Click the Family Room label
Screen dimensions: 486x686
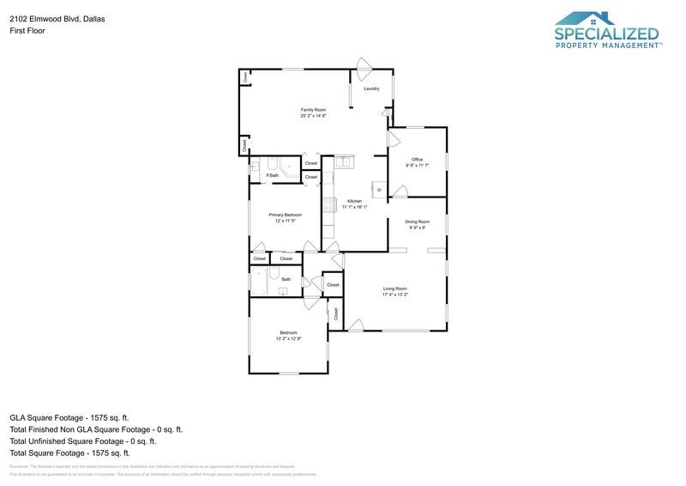pyautogui.click(x=313, y=110)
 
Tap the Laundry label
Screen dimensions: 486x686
pyautogui.click(x=371, y=88)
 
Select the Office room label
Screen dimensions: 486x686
pyautogui.click(x=417, y=159)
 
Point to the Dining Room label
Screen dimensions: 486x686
pyautogui.click(x=417, y=222)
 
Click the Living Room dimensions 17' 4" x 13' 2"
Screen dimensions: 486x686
pyautogui.click(x=394, y=295)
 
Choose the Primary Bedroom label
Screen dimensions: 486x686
pyautogui.click(x=285, y=215)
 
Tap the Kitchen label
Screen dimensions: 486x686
pyautogui.click(x=354, y=201)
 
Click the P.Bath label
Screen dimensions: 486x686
pyautogui.click(x=272, y=175)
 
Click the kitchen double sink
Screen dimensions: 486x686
pyautogui.click(x=344, y=161)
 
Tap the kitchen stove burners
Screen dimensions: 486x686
pyautogui.click(x=328, y=204)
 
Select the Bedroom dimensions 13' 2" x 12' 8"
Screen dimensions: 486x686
pyautogui.click(x=288, y=338)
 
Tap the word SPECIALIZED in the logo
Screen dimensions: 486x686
pyautogui.click(x=607, y=34)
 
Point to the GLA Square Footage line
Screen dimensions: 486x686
pyautogui.click(x=69, y=416)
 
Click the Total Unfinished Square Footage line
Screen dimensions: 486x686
pyautogui.click(x=82, y=440)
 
